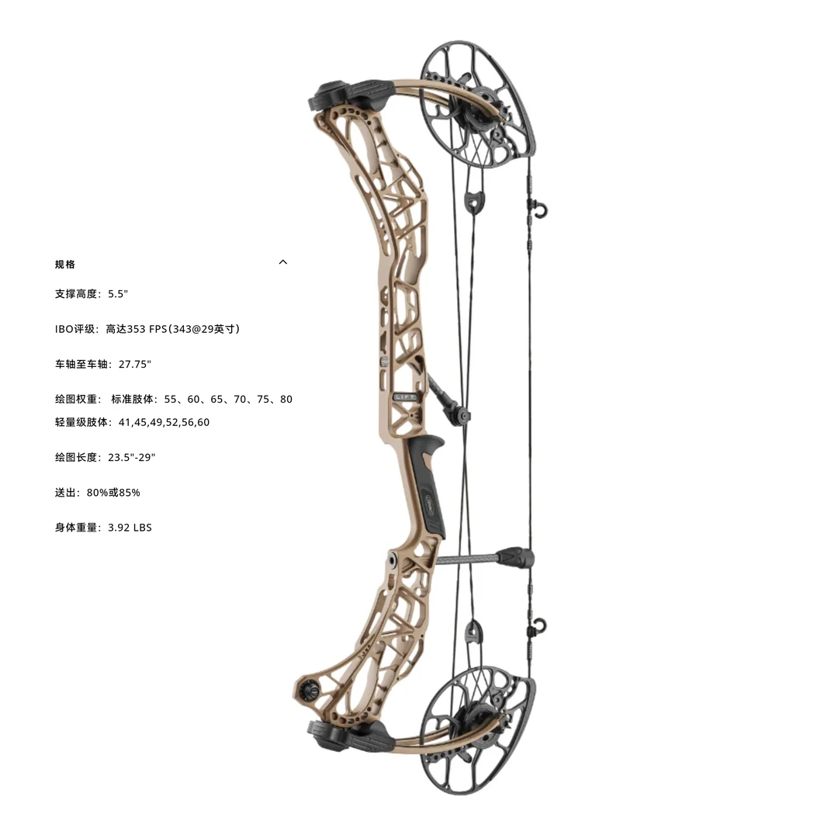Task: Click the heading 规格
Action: [65, 265]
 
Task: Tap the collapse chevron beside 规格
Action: [283, 262]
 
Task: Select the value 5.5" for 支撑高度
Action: [118, 294]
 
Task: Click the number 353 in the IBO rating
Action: [137, 329]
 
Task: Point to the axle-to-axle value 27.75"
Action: [135, 364]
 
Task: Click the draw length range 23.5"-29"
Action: [132, 457]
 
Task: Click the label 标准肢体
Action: [134, 399]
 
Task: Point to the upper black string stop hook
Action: [536, 208]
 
